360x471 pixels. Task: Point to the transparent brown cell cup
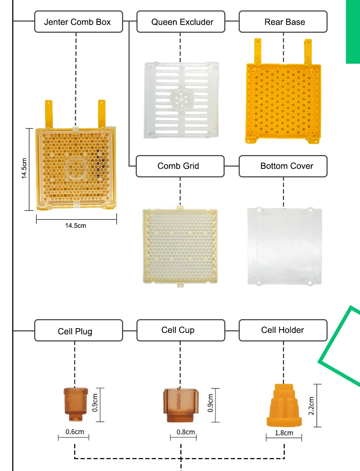[180, 404]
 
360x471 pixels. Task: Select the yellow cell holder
[284, 405]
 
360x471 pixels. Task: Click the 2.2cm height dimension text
[311, 406]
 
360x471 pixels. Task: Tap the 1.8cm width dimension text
[284, 433]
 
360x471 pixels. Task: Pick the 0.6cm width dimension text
[75, 432]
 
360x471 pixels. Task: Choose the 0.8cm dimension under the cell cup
[186, 432]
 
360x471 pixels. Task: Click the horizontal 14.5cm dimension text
[76, 226]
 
